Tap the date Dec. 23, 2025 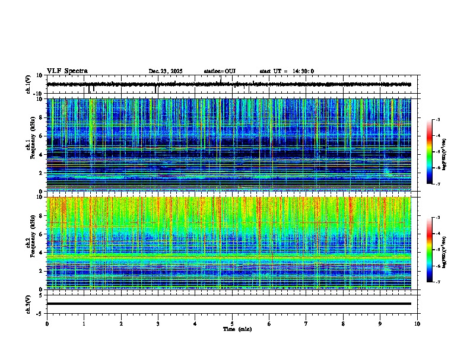(166, 71)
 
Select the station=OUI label (220, 71)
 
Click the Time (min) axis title (237, 329)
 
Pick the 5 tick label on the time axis (232, 324)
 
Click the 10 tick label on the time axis (417, 324)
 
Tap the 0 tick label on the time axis (47, 324)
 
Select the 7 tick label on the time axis (306, 324)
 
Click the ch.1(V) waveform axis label (28, 84)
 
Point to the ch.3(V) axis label (28, 303)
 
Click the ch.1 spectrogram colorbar (430, 152)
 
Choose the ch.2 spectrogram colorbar (430, 250)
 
